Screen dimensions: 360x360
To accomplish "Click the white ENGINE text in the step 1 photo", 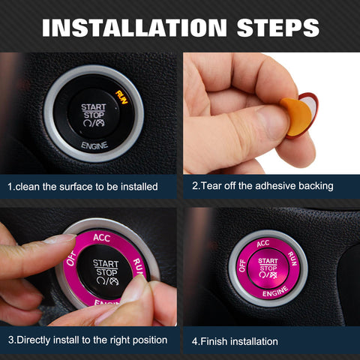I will (x=94, y=144).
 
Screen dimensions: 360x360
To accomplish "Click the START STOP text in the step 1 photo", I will (x=94, y=110).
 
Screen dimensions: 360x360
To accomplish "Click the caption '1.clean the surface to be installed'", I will (x=82, y=186).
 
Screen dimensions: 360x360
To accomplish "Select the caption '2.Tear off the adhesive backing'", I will (x=262, y=186).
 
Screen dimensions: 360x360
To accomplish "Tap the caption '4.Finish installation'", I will (x=235, y=341).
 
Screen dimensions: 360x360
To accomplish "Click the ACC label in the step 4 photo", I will (x=262, y=243).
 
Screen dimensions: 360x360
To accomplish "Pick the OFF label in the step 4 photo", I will (x=241, y=264).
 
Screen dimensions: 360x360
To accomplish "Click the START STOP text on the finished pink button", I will (x=268, y=264).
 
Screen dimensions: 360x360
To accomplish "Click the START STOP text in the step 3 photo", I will (x=105, y=268).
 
